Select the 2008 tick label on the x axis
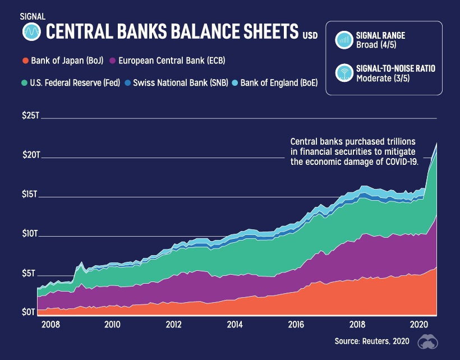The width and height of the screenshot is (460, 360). click(x=51, y=325)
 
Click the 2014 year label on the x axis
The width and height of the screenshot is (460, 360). click(x=234, y=325)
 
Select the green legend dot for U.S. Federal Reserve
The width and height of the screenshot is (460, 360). click(x=25, y=83)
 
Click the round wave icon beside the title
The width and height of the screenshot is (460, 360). click(x=32, y=32)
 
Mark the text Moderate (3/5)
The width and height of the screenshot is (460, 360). click(x=384, y=79)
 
